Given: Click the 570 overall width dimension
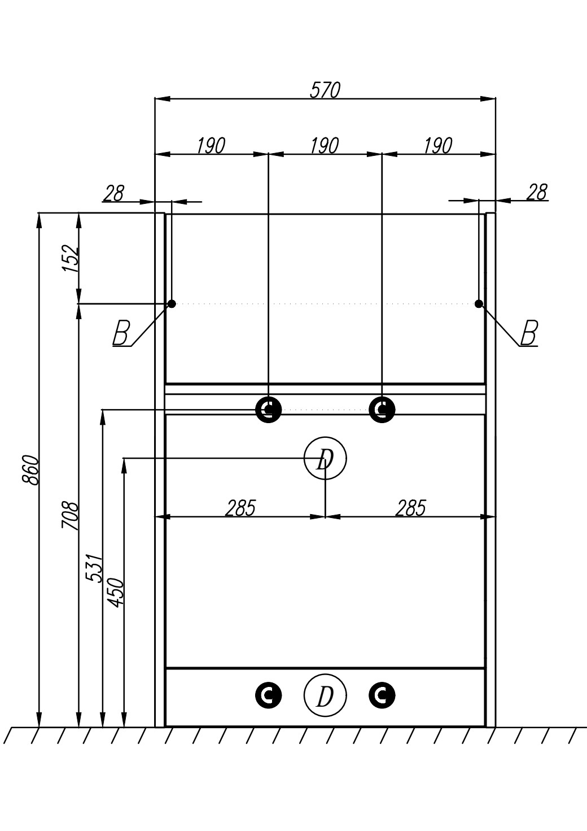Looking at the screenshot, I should pos(325,90).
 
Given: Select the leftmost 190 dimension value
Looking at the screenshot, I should pos(211,145).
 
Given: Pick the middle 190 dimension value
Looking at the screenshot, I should pos(325,145).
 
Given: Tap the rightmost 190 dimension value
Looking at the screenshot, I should pos(438,145).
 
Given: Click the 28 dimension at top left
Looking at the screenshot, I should pos(113,193).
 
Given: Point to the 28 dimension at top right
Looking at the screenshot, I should pos(537,193).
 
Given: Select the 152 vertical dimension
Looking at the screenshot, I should pos(71,258).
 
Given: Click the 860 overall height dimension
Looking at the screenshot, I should pos(30,469).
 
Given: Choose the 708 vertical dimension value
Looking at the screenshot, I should pos(70,515).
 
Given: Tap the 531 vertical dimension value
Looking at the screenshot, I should pos(94,568).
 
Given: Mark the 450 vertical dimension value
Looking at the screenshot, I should pos(116,592).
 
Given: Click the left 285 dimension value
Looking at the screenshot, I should pos(240,508).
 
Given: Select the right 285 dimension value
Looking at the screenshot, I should pos(410,508).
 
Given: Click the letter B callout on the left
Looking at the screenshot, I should pos(121,333).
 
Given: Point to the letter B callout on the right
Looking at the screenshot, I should pos(529,333).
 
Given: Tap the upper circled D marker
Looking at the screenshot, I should pos(325,459).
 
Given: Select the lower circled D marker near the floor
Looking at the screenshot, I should pos(325,697).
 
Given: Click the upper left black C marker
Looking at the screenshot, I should pos(269,409).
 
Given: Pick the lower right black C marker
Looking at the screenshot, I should pos(382,695).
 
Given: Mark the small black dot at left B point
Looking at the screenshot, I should pos(172,304).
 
